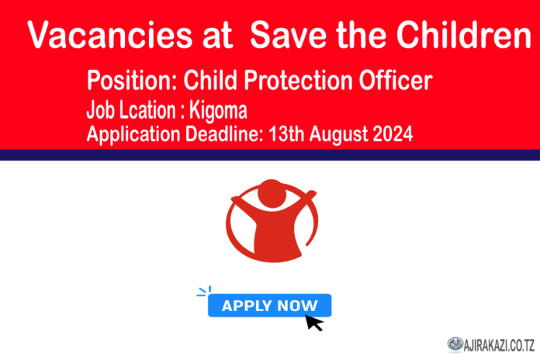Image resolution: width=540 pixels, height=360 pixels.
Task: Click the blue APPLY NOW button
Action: pos(269,305)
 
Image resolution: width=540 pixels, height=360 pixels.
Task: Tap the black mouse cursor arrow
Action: pos(314,321)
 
